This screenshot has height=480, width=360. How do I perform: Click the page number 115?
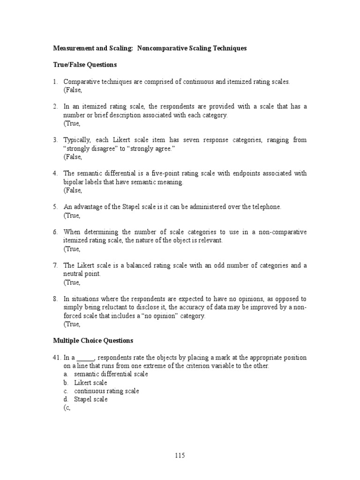(x=180, y=455)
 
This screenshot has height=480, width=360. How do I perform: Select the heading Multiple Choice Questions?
(x=93, y=341)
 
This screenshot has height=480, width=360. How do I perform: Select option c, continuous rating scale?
(x=106, y=391)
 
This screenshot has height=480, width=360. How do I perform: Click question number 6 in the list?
(x=55, y=232)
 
